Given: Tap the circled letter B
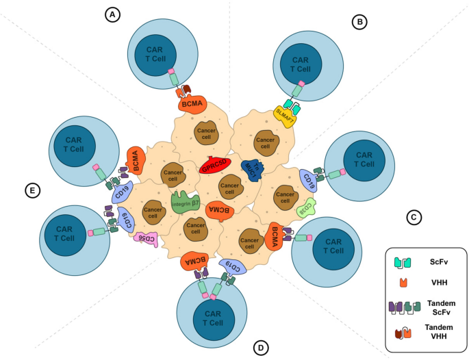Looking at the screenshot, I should pos(360,23).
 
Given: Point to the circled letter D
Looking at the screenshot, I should pos(259,348).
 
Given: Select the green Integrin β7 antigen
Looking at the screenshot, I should pos(185,203).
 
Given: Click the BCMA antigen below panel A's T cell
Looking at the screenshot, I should pos(192,104).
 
